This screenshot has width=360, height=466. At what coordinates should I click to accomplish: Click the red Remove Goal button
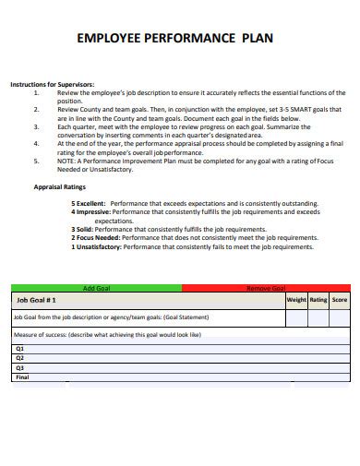click(266, 288)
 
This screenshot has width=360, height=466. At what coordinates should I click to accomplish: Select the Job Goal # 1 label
click(37, 300)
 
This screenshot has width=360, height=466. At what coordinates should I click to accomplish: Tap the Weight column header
click(296, 300)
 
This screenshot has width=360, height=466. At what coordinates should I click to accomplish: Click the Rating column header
click(318, 300)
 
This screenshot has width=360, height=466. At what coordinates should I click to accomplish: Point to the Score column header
click(340, 300)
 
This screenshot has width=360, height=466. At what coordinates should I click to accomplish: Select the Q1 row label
click(20, 348)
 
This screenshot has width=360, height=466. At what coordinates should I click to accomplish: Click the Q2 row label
click(20, 357)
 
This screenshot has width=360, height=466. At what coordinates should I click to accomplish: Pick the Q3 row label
click(20, 367)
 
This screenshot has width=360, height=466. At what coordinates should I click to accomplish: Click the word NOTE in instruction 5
click(66, 160)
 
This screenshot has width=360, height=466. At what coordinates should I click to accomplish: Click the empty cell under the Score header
click(340, 317)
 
